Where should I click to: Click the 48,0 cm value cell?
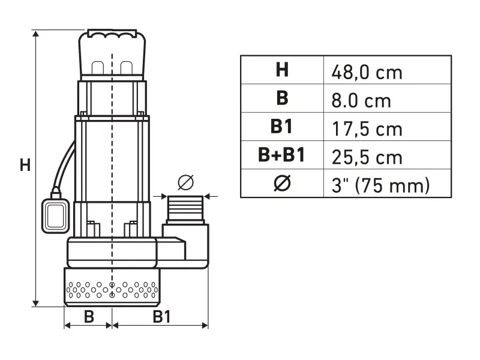point(367,72)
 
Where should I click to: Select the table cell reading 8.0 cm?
point(361,100)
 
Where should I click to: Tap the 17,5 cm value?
point(367,128)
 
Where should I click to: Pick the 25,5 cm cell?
point(367,157)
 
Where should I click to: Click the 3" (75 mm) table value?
point(380,185)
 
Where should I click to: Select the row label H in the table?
point(282,70)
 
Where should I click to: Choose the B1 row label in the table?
point(282,127)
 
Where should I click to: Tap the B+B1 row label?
point(282,155)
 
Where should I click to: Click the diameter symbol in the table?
point(282,184)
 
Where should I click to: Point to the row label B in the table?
point(282,98)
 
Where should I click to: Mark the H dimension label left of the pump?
point(25,165)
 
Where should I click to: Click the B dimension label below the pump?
point(89,316)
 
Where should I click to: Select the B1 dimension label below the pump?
point(160,316)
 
